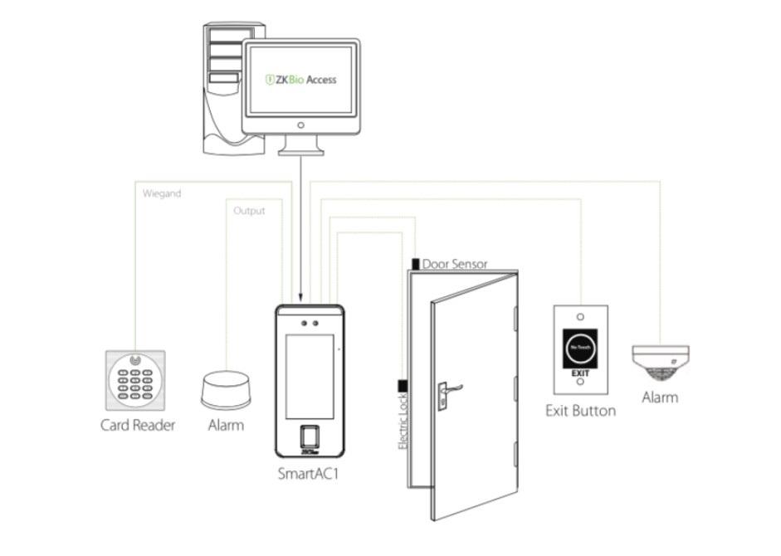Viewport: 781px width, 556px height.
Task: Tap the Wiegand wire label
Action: tap(161, 193)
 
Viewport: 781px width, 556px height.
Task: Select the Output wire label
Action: tap(249, 211)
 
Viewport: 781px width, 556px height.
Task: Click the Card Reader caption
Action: tap(138, 426)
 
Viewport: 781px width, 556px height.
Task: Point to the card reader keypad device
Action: tap(135, 380)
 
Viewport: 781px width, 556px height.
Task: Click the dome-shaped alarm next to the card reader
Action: tap(225, 390)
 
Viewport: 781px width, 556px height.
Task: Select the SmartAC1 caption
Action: tap(309, 475)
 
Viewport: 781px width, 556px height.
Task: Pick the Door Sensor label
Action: tap(455, 265)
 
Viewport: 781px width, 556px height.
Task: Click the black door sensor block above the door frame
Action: tap(415, 264)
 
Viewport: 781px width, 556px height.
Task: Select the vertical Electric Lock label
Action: tap(403, 422)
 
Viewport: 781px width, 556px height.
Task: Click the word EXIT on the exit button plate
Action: tap(580, 374)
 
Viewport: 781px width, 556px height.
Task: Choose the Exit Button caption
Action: tap(580, 411)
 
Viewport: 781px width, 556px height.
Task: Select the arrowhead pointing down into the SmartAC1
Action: tap(300, 300)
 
